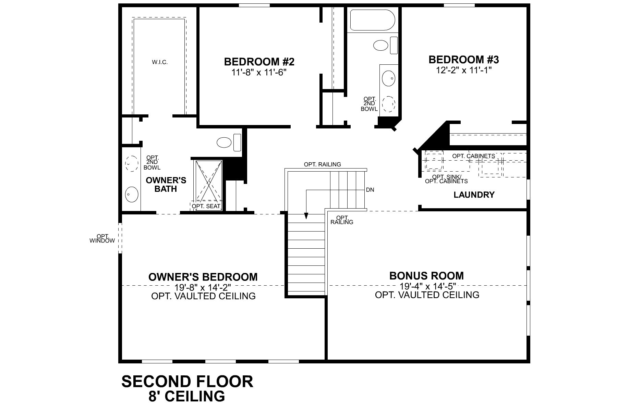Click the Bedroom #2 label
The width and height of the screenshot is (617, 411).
(x=259, y=62)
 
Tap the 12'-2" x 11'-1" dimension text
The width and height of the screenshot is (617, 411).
(x=463, y=70)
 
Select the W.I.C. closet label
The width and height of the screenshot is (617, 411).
(x=160, y=62)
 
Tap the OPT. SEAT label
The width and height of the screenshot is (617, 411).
(x=206, y=206)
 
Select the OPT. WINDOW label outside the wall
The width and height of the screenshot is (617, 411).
(x=102, y=239)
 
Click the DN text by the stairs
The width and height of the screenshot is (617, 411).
(x=370, y=190)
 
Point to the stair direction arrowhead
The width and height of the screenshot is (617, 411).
(x=306, y=216)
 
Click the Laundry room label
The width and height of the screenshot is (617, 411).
(x=474, y=195)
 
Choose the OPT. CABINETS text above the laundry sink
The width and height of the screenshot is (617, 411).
(x=473, y=156)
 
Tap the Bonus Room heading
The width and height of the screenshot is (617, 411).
(x=426, y=276)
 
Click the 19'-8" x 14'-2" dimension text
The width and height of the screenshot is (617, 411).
(x=203, y=287)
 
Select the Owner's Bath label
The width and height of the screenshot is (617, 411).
(x=166, y=185)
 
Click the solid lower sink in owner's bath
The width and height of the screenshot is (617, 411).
(x=131, y=195)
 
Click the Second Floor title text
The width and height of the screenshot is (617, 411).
(x=187, y=381)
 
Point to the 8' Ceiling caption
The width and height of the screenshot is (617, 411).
(x=187, y=396)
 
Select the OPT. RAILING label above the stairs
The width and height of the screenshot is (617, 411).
(x=322, y=164)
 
